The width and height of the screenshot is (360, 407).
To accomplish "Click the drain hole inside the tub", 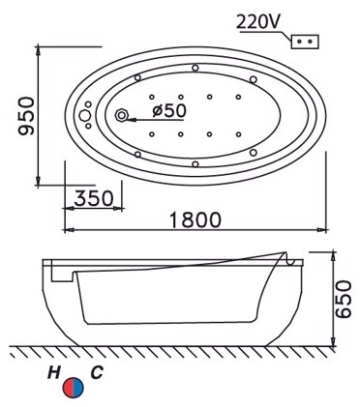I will click(x=123, y=116).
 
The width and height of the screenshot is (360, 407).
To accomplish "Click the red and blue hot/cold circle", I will click(x=73, y=388).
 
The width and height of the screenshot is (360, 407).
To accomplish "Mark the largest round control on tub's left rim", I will click(x=84, y=117).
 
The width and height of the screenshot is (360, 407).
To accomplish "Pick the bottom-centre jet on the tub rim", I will click(x=195, y=163).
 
